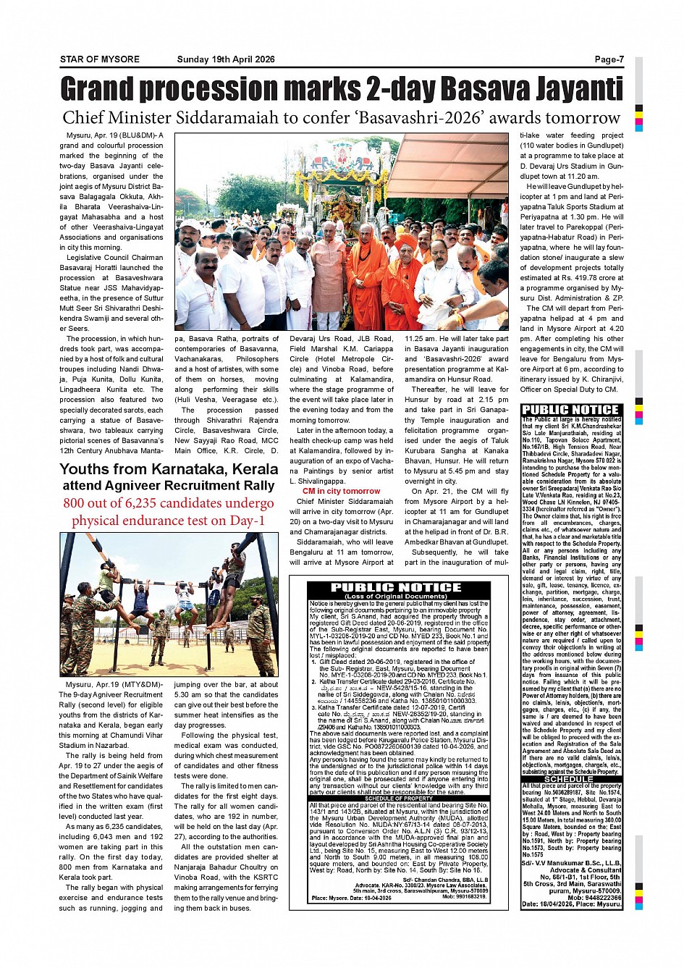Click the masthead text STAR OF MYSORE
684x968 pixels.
pos(99,59)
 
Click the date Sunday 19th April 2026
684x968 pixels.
pos(226,59)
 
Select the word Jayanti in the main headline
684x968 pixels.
pos(578,89)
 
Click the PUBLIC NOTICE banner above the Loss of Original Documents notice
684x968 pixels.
pos(396,587)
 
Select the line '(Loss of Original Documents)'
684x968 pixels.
pos(397,597)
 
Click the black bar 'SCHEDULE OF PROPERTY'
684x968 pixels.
pos(398,798)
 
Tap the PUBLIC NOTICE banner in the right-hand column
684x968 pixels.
pos(571,410)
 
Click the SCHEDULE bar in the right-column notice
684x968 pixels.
pos(571,779)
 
